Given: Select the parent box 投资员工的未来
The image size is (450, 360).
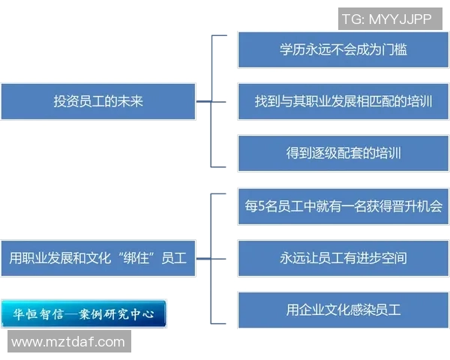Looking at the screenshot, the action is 98,101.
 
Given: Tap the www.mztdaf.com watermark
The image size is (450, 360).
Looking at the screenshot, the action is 68,342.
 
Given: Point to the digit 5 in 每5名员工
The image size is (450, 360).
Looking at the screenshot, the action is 262,206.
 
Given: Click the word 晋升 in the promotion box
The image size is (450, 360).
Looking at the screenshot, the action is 392,206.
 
